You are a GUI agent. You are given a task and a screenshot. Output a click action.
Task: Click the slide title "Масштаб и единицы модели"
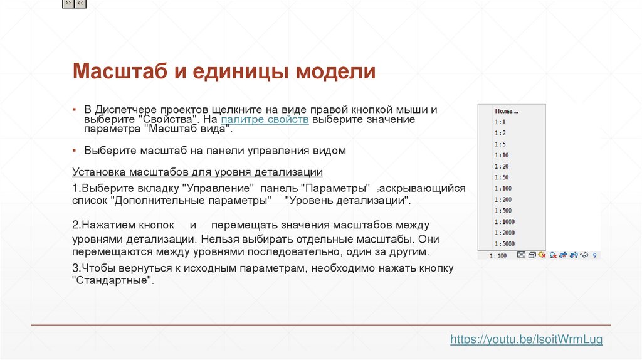pyautogui.click(x=224, y=71)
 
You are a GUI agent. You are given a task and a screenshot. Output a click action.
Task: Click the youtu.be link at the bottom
pyautogui.click(x=526, y=339)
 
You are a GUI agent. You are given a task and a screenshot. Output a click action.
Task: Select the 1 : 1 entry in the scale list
pyautogui.click(x=500, y=122)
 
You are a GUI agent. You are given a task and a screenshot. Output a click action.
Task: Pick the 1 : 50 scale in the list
pyautogui.click(x=501, y=177)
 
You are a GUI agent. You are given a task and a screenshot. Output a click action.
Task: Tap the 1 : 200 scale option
pyautogui.click(x=502, y=199)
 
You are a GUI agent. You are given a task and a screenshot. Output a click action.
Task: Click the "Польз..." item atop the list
pyautogui.click(x=503, y=111)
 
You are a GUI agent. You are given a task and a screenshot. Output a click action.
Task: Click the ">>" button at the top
pyautogui.click(x=68, y=4)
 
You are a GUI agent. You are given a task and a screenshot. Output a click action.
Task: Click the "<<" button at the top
pyautogui.click(x=81, y=4)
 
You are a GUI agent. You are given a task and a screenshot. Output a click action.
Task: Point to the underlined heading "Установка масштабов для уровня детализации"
pyautogui.click(x=197, y=172)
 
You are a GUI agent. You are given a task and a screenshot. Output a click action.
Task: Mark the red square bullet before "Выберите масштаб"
pyautogui.click(x=74, y=151)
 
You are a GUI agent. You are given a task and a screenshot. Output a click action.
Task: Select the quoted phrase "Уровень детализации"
pyautogui.click(x=347, y=200)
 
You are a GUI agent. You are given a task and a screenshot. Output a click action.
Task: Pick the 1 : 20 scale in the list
pyautogui.click(x=501, y=166)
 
